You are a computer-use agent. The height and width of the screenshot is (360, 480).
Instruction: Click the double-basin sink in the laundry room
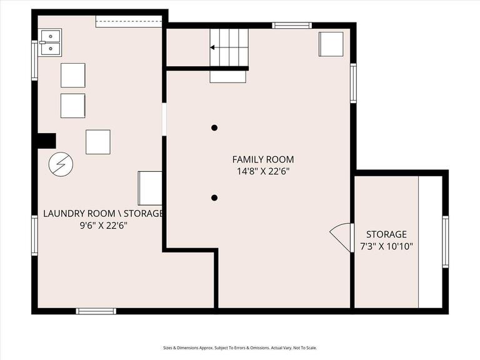tap(50, 42)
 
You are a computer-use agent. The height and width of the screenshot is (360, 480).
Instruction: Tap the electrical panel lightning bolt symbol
tap(61, 164)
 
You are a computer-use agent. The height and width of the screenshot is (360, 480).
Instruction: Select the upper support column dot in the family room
tap(214, 127)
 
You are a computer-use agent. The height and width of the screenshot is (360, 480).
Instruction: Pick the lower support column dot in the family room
tap(214, 197)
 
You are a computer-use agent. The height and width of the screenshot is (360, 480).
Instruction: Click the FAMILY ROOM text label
tap(262, 159)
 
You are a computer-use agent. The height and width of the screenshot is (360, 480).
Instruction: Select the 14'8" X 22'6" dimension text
tap(262, 171)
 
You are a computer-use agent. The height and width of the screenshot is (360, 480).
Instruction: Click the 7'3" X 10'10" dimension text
tap(386, 246)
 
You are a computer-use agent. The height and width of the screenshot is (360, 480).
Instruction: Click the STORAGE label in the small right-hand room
tap(386, 234)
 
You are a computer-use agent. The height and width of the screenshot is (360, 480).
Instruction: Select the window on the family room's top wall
tap(292, 26)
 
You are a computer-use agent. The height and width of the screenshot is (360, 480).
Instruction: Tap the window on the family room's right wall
tap(353, 84)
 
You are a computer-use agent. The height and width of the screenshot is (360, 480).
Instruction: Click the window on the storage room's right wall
tap(445, 242)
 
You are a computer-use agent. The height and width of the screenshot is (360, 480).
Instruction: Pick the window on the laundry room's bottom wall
tap(96, 311)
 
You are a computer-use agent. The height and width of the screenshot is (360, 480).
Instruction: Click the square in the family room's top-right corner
tap(331, 44)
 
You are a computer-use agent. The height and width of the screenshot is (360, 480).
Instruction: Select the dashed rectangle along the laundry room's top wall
tap(129, 22)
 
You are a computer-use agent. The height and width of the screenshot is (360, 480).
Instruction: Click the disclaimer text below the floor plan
tap(240, 348)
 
